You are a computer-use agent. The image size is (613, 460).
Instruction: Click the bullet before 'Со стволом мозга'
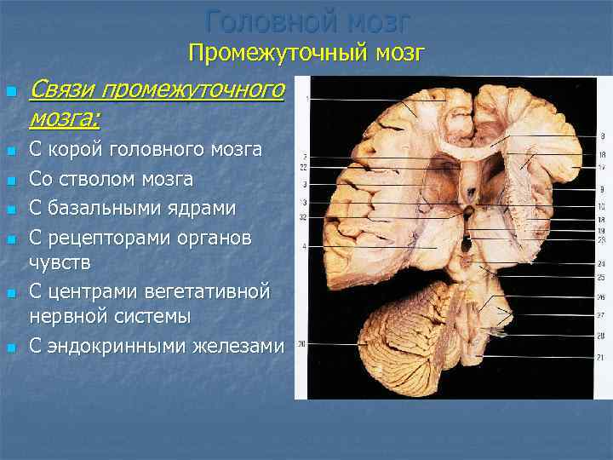(11, 181)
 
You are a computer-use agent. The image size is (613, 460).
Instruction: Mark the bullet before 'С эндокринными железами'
(11, 347)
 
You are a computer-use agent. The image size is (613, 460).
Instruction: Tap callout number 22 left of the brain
(303, 168)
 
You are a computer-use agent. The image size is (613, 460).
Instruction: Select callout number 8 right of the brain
(601, 136)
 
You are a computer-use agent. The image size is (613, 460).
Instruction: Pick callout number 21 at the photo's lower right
(601, 358)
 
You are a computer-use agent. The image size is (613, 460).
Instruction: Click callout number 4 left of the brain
(304, 247)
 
